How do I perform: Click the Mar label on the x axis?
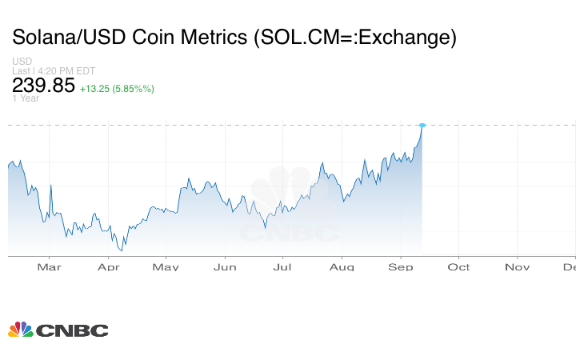(49, 266)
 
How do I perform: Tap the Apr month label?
(108, 266)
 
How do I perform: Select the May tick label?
(166, 266)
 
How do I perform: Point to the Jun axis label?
(225, 266)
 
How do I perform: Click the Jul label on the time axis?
(282, 266)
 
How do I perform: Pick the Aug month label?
(342, 266)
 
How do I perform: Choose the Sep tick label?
(401, 266)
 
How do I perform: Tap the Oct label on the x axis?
(458, 266)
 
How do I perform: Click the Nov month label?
(517, 266)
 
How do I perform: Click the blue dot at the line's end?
(422, 125)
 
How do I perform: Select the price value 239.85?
(43, 86)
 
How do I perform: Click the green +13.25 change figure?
(98, 89)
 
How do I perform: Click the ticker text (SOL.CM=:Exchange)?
(348, 38)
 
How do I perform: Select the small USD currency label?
(22, 62)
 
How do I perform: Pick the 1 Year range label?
(26, 98)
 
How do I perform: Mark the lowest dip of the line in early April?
(122, 250)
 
